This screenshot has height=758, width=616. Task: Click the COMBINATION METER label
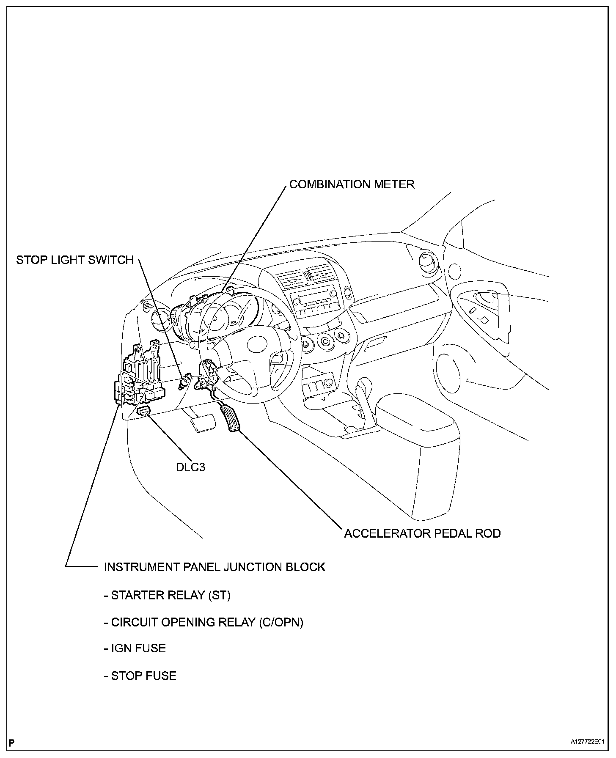pyautogui.click(x=352, y=184)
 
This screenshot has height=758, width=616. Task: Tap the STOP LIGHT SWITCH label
pyautogui.click(x=75, y=260)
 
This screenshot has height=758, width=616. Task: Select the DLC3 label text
pyautogui.click(x=190, y=467)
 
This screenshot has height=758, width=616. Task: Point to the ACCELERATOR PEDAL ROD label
pyautogui.click(x=422, y=533)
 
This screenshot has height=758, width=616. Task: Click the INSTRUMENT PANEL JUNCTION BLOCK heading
pyautogui.click(x=214, y=567)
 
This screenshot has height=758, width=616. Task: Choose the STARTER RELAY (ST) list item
pyautogui.click(x=167, y=596)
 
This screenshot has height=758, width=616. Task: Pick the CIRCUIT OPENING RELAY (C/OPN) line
pyautogui.click(x=203, y=622)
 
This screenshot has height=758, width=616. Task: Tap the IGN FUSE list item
pyautogui.click(x=135, y=648)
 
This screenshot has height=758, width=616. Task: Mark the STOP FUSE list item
pyautogui.click(x=140, y=676)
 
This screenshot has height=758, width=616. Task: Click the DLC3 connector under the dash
pyautogui.click(x=144, y=411)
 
